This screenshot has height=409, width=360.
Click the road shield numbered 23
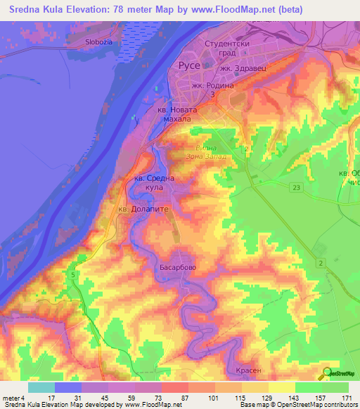pyautogui.click(x=296, y=186)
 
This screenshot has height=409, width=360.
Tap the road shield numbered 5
pyautogui.click(x=73, y=275)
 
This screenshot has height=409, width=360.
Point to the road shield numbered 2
pyautogui.click(x=321, y=262)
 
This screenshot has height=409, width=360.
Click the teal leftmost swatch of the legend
pyautogui.click(x=41, y=387)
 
